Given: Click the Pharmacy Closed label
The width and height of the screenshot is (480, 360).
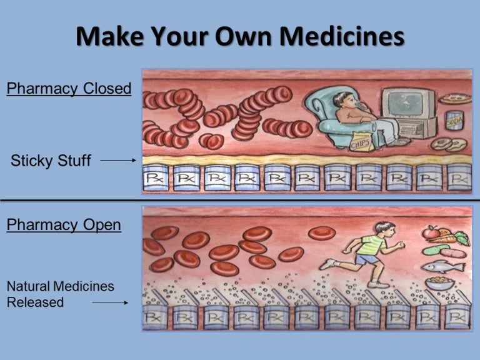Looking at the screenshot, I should tap(69, 89).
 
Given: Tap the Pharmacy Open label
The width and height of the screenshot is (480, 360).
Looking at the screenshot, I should tap(64, 225).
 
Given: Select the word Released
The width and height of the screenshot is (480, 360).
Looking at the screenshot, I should tap(35, 302).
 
